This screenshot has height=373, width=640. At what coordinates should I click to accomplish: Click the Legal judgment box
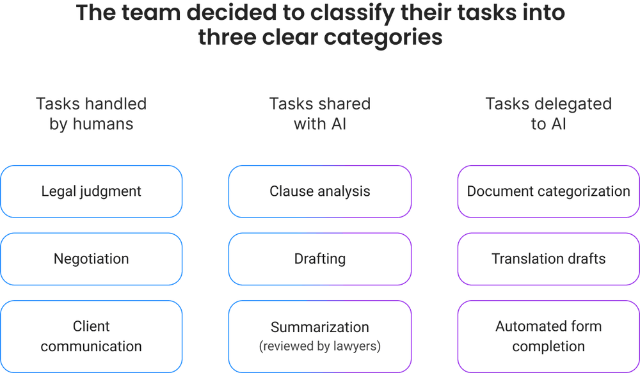(91, 191)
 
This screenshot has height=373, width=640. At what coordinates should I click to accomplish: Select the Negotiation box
(91, 259)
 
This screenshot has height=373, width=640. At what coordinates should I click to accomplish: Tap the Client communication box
(91, 337)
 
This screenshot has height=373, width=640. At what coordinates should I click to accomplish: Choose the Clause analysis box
(319, 191)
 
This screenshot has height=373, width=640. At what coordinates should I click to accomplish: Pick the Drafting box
(319, 259)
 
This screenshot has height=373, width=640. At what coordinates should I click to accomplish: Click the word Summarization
(319, 327)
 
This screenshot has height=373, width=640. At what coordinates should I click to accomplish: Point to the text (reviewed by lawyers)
(319, 347)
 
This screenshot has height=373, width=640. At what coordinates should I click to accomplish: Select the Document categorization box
(548, 191)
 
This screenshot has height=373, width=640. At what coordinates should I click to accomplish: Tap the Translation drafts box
(548, 259)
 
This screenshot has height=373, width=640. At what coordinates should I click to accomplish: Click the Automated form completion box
(548, 337)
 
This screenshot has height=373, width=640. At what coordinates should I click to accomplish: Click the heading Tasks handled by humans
(91, 113)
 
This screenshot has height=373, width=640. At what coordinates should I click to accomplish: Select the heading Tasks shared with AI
(319, 113)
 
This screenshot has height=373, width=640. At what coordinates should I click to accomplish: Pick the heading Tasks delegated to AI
(548, 113)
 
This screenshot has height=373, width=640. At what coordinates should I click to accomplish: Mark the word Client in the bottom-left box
(91, 326)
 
